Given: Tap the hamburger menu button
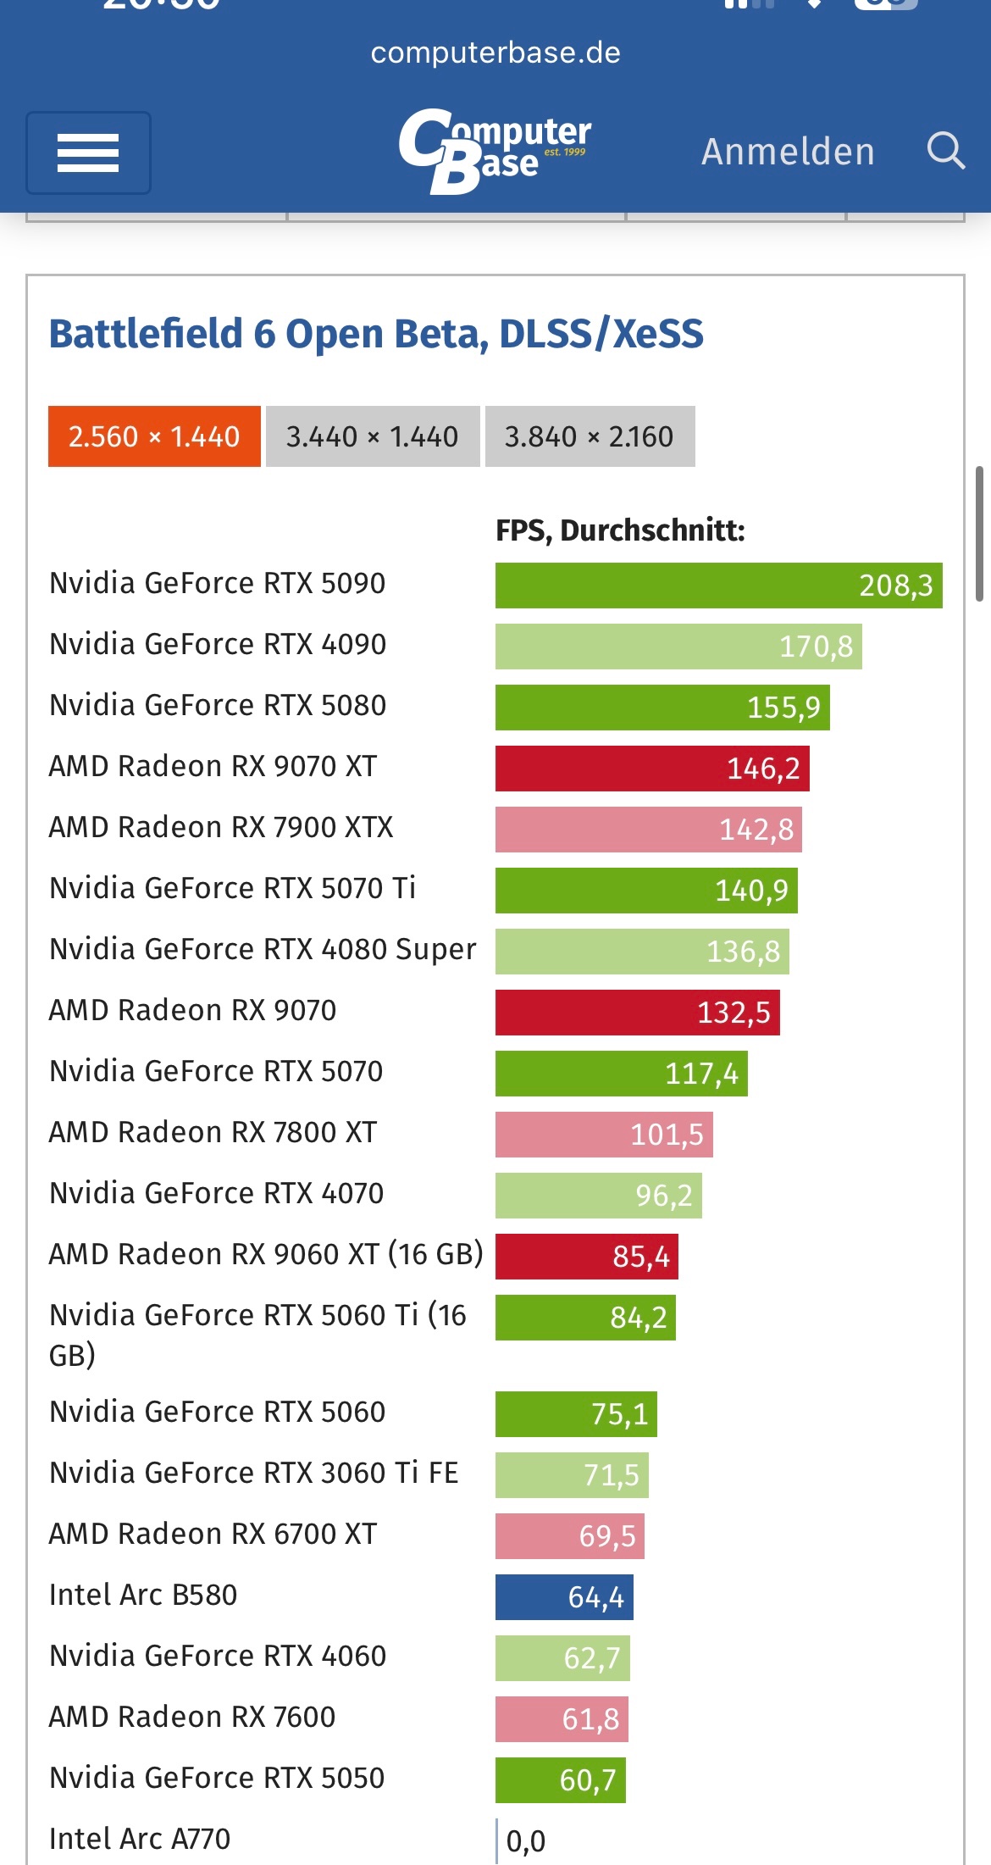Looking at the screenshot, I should coord(88,153).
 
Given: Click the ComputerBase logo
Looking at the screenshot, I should coord(495,151).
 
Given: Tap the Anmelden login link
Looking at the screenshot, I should coord(788,152).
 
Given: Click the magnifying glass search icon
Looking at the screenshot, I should coord(945,152).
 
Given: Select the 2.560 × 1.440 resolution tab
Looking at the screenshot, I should coord(154,436).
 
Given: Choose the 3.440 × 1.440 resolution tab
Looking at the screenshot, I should coord(372,436).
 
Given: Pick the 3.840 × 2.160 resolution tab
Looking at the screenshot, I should coord(590,436).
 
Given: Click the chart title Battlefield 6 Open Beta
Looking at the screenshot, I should coord(376,334).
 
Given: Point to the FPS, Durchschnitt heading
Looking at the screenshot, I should coord(620,530).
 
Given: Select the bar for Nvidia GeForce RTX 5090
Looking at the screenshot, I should coord(718,586).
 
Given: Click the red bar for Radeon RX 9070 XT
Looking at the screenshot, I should coord(652,769).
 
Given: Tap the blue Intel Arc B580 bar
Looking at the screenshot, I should coord(564,1597).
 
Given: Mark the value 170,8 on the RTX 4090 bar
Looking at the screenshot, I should coord(816,647).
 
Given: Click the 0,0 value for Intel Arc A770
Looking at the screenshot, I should coord(526,1841).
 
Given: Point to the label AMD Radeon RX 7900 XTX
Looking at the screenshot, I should coord(221,827).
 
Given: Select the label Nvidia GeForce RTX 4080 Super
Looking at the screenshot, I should coord(263,949).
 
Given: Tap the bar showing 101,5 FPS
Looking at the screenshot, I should coord(604,1135).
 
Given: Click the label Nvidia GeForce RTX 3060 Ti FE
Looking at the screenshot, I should coord(254,1473).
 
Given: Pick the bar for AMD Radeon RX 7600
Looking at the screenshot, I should coord(562,1719).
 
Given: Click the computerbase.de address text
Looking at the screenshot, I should coord(495,53).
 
